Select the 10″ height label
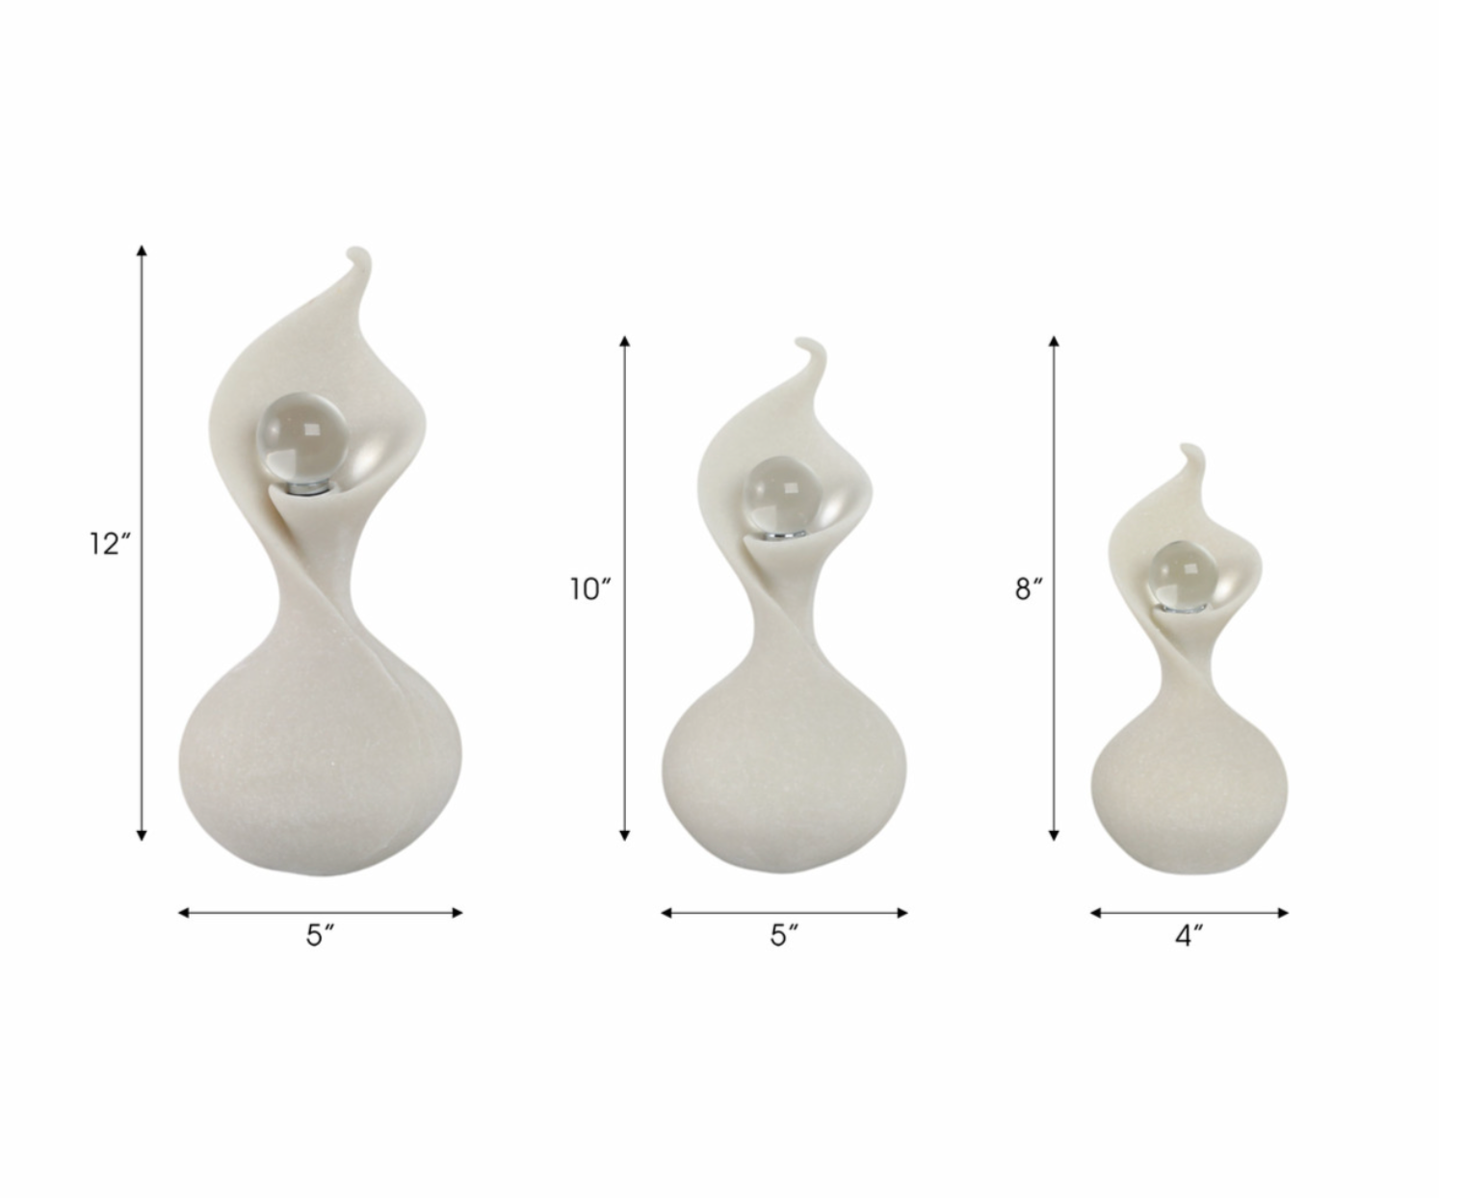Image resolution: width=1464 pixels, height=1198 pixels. pos(590,588)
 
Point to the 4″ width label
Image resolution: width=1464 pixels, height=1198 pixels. pos(1189,935)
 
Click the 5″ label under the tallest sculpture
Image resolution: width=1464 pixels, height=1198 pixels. pos(321,935)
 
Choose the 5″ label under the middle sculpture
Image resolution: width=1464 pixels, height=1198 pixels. pos(784,935)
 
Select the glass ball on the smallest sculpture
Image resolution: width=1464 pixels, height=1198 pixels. pos(1184,574)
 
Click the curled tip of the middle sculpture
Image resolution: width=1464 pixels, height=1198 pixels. pos(809,344)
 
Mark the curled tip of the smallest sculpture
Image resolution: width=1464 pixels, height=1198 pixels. pos(1190,450)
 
